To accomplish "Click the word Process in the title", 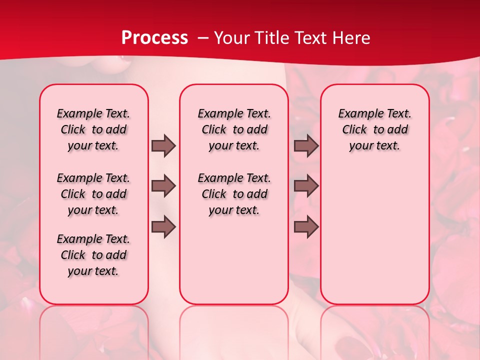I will pos(154,38).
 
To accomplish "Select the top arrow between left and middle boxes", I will pos(163,145).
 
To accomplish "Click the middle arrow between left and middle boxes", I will pos(163,186).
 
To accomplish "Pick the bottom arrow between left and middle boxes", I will pos(163,227).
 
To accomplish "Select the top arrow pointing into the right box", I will pos(306,145).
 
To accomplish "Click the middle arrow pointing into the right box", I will pos(306,186).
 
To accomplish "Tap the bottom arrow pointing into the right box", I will pos(306,227).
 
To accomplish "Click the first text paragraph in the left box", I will pos(93,129).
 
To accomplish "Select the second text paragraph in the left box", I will pos(93,194).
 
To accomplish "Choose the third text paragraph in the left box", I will pos(93,255).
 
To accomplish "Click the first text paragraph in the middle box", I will pos(234,129).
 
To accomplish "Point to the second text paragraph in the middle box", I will pos(234,194).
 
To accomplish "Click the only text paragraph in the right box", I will pos(374,129).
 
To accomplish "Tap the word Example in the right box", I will pos(357,114).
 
